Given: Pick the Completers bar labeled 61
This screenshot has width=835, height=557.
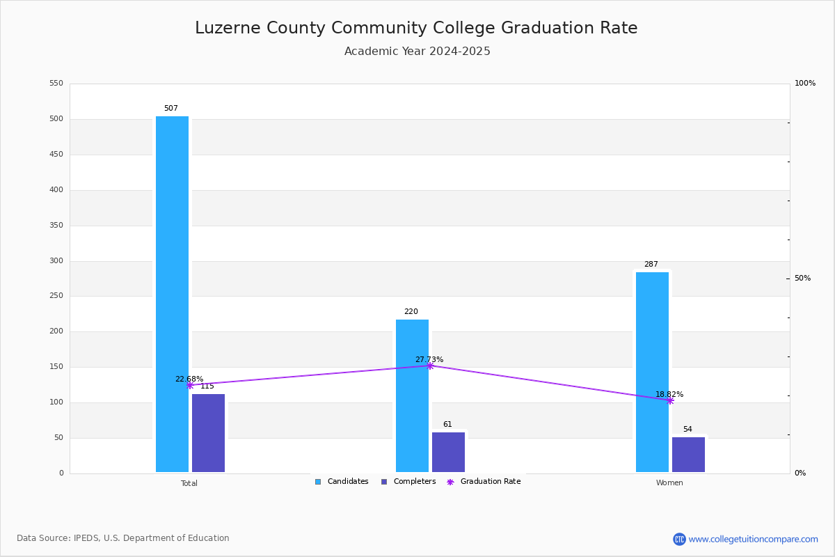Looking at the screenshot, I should [448, 452].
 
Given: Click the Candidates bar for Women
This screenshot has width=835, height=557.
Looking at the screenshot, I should [652, 372].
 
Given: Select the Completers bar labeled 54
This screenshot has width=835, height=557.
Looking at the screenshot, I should [688, 455].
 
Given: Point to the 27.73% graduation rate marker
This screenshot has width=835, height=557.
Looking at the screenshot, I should [430, 366].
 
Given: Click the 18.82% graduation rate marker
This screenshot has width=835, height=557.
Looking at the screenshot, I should [670, 400].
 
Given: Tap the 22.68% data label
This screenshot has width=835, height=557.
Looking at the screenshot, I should [189, 379].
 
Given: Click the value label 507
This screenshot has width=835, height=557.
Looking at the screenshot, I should [171, 109].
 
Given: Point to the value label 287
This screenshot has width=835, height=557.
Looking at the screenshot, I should [651, 265].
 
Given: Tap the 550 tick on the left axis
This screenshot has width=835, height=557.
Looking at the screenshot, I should [56, 84].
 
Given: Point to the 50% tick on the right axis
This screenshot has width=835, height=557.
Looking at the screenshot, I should [802, 278].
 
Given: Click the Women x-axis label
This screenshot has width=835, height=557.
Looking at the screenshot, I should [669, 483].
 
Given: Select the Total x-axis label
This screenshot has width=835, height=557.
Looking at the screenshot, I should [189, 483].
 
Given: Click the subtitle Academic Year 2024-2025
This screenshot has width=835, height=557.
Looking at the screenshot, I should [417, 52].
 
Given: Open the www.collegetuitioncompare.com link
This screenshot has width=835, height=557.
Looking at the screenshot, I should [753, 539].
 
